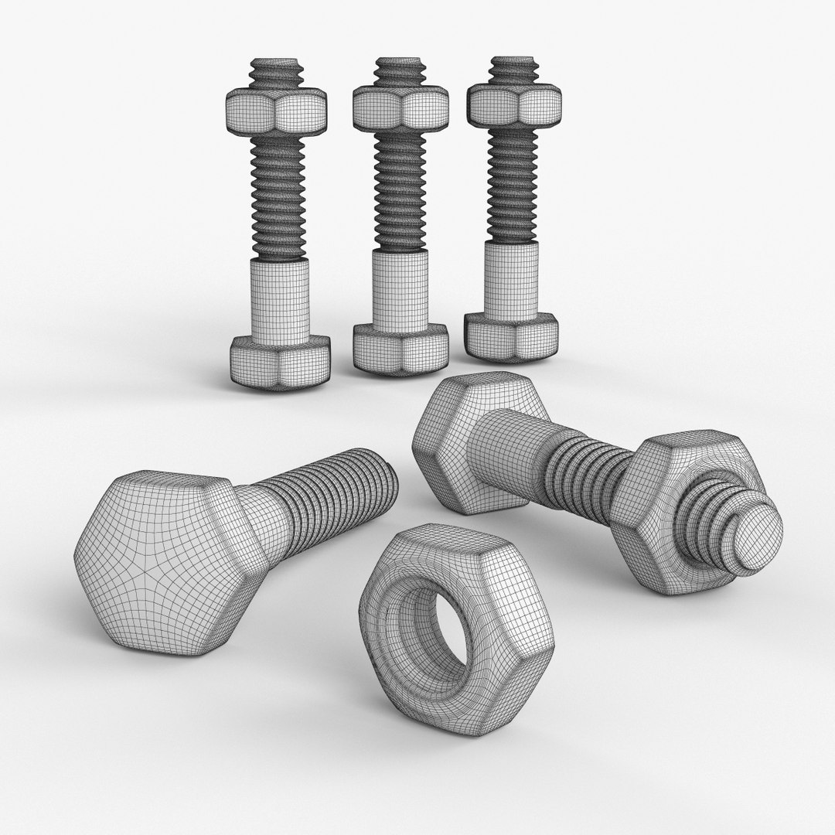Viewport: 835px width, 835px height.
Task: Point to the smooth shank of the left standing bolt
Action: tap(281, 298)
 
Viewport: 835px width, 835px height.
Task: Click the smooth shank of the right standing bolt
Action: tap(511, 279)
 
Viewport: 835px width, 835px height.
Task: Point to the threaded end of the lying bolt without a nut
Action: tap(340, 495)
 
